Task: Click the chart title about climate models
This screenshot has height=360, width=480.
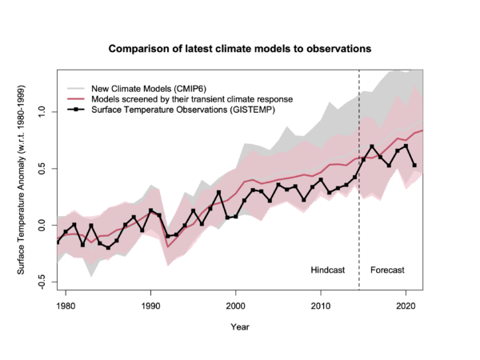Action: click(240, 48)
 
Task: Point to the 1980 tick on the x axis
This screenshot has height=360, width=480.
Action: click(66, 306)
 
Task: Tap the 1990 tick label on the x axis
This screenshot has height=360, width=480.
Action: click(150, 306)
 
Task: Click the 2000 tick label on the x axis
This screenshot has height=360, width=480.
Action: click(235, 306)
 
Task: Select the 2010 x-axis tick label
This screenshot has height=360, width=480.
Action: click(321, 306)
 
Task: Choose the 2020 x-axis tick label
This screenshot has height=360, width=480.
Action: click(406, 306)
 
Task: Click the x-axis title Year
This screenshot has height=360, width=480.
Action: click(240, 327)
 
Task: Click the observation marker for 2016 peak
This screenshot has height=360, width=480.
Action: click(372, 147)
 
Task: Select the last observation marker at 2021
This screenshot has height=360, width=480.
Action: click(414, 166)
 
